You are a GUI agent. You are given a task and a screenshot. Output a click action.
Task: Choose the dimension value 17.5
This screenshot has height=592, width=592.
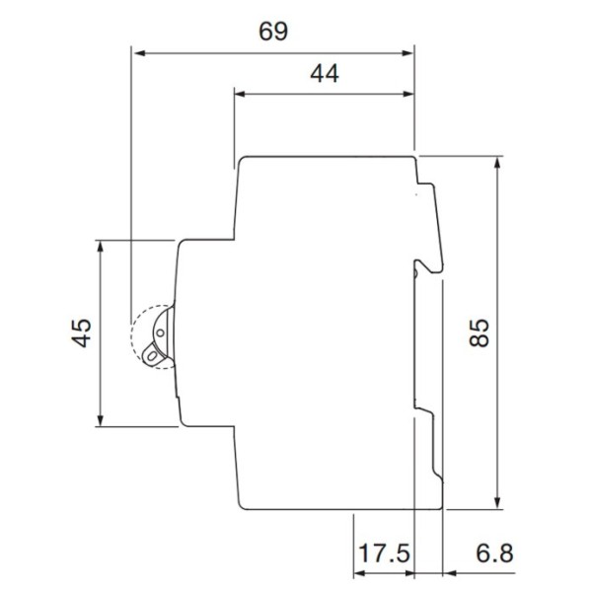pos(383,553)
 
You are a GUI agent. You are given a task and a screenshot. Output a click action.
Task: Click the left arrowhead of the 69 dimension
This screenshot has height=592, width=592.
pos(139,52)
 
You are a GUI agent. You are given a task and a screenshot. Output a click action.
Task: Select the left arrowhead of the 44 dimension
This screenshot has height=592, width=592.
pos(240,95)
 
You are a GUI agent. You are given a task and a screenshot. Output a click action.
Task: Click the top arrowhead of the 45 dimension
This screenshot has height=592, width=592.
pos(101,246)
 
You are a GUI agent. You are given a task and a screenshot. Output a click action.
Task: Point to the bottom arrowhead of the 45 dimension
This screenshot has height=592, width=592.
pos(101,421)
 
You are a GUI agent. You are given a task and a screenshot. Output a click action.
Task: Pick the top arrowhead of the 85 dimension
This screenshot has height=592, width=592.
pos(498,162)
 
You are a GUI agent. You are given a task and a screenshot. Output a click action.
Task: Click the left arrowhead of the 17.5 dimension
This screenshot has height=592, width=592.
pos(359,572)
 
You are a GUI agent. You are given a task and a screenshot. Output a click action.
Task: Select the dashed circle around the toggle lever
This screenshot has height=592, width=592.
pos(148,336)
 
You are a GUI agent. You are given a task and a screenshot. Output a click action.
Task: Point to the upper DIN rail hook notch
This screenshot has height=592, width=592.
pos(426,264)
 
